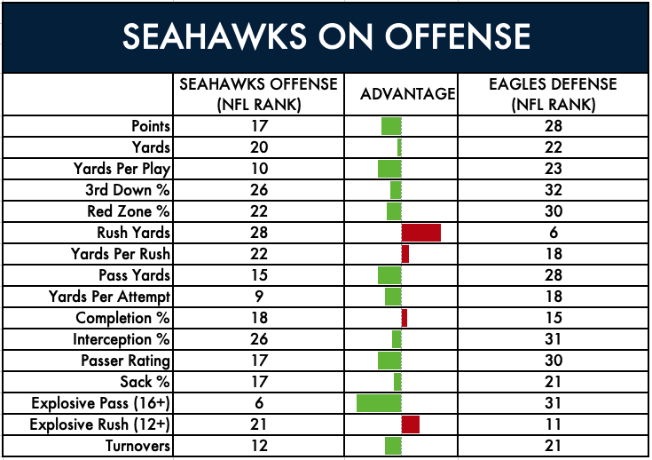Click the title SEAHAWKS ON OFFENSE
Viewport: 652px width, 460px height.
pos(326,37)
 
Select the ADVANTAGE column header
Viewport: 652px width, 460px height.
pos(408,94)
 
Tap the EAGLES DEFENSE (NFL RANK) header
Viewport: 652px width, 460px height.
pos(553,94)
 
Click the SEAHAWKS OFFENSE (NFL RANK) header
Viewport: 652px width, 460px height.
pos(259,94)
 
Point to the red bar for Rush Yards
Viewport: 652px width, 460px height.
pos(421,233)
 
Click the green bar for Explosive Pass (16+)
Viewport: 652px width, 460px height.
pos(379,403)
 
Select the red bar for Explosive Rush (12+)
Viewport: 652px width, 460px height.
pos(411,424)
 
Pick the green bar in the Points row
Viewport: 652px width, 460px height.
pos(391,126)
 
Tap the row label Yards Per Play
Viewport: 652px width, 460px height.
pos(122,169)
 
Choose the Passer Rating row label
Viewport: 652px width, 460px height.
pos(126,361)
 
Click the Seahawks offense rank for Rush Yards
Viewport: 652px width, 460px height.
pos(259,233)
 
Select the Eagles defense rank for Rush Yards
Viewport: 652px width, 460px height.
pos(553,233)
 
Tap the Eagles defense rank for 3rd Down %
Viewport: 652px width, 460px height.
pos(553,190)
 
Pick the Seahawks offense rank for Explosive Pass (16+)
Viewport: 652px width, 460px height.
pos(259,403)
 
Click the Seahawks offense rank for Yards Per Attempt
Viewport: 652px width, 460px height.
pos(259,297)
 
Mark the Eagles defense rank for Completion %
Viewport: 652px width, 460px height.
pos(553,318)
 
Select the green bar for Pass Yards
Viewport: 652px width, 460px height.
pos(389,275)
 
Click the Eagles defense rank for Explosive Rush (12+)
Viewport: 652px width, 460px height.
pos(553,424)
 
